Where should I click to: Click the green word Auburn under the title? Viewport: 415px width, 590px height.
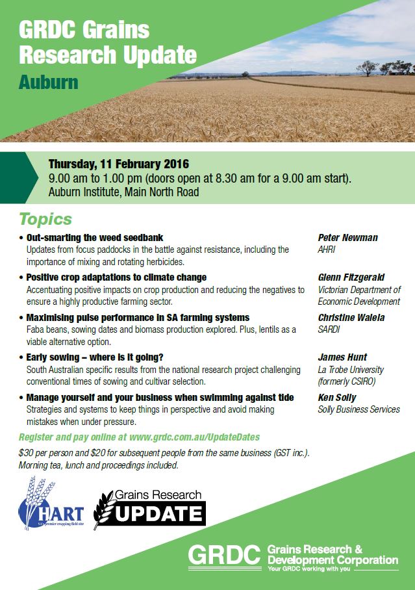tap(49, 83)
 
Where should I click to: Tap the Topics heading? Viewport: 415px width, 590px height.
tap(45, 219)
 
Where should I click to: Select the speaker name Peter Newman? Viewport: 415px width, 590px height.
tap(347, 238)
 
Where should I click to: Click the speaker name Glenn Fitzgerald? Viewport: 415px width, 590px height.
tap(351, 277)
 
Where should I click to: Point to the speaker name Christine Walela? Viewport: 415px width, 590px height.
tap(351, 317)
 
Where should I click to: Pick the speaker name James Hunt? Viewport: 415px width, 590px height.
tap(342, 357)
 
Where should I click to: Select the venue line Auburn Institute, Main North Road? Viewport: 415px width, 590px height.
tap(123, 192)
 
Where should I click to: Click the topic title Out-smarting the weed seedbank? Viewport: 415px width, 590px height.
tap(95, 238)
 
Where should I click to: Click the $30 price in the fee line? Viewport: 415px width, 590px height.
tap(27, 453)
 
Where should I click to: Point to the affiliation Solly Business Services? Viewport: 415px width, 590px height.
tap(358, 409)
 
